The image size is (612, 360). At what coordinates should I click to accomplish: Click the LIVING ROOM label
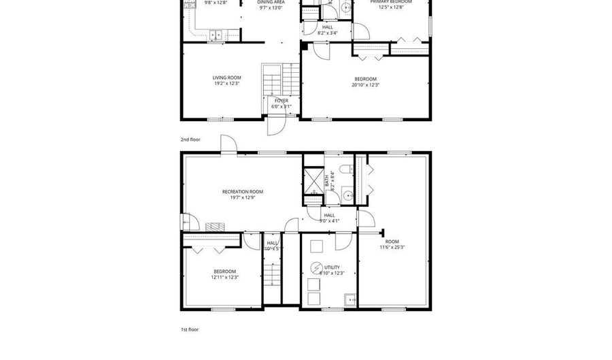226,78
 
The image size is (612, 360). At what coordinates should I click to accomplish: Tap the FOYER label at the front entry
281,101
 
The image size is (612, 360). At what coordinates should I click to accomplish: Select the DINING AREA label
271,2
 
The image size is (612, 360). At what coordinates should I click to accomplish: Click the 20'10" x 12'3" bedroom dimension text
365,85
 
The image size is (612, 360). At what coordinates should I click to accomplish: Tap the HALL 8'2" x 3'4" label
328,27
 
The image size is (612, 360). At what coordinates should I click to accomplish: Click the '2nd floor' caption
190,140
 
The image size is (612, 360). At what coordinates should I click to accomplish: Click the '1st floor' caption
190,329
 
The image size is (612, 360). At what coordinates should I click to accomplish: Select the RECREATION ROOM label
242,192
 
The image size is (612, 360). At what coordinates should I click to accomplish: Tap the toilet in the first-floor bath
347,169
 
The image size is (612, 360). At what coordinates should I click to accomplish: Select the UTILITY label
332,267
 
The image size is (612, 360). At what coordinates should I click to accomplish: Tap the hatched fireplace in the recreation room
214,225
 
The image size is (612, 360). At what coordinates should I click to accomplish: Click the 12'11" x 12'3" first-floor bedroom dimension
224,277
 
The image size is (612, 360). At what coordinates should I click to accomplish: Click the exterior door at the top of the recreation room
229,144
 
